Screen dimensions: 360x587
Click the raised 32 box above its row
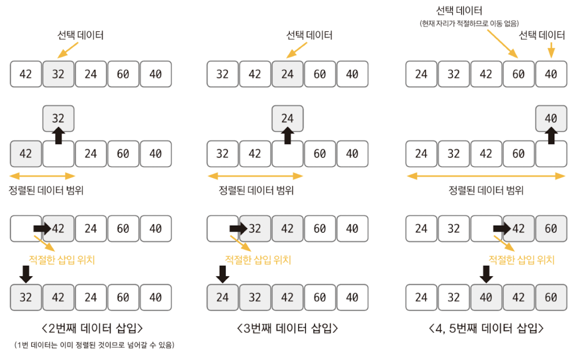tap(58, 118)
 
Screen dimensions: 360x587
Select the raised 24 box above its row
tap(287, 118)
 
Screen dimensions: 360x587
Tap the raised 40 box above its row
tap(551, 118)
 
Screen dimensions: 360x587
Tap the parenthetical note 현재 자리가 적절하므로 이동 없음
tap(469, 23)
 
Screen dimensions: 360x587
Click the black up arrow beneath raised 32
tap(58, 136)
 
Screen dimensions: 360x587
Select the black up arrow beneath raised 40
tap(551, 136)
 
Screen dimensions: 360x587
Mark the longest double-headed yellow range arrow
tap(486, 176)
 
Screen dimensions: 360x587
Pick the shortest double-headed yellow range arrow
tap(42, 176)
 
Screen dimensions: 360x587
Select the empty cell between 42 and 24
tap(58, 154)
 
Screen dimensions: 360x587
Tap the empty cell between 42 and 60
tap(287, 154)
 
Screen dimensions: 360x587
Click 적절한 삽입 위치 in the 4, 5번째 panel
tap(521, 260)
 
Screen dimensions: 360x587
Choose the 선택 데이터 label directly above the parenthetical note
tap(459, 11)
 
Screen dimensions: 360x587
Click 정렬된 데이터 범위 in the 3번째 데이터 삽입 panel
tap(256, 191)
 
